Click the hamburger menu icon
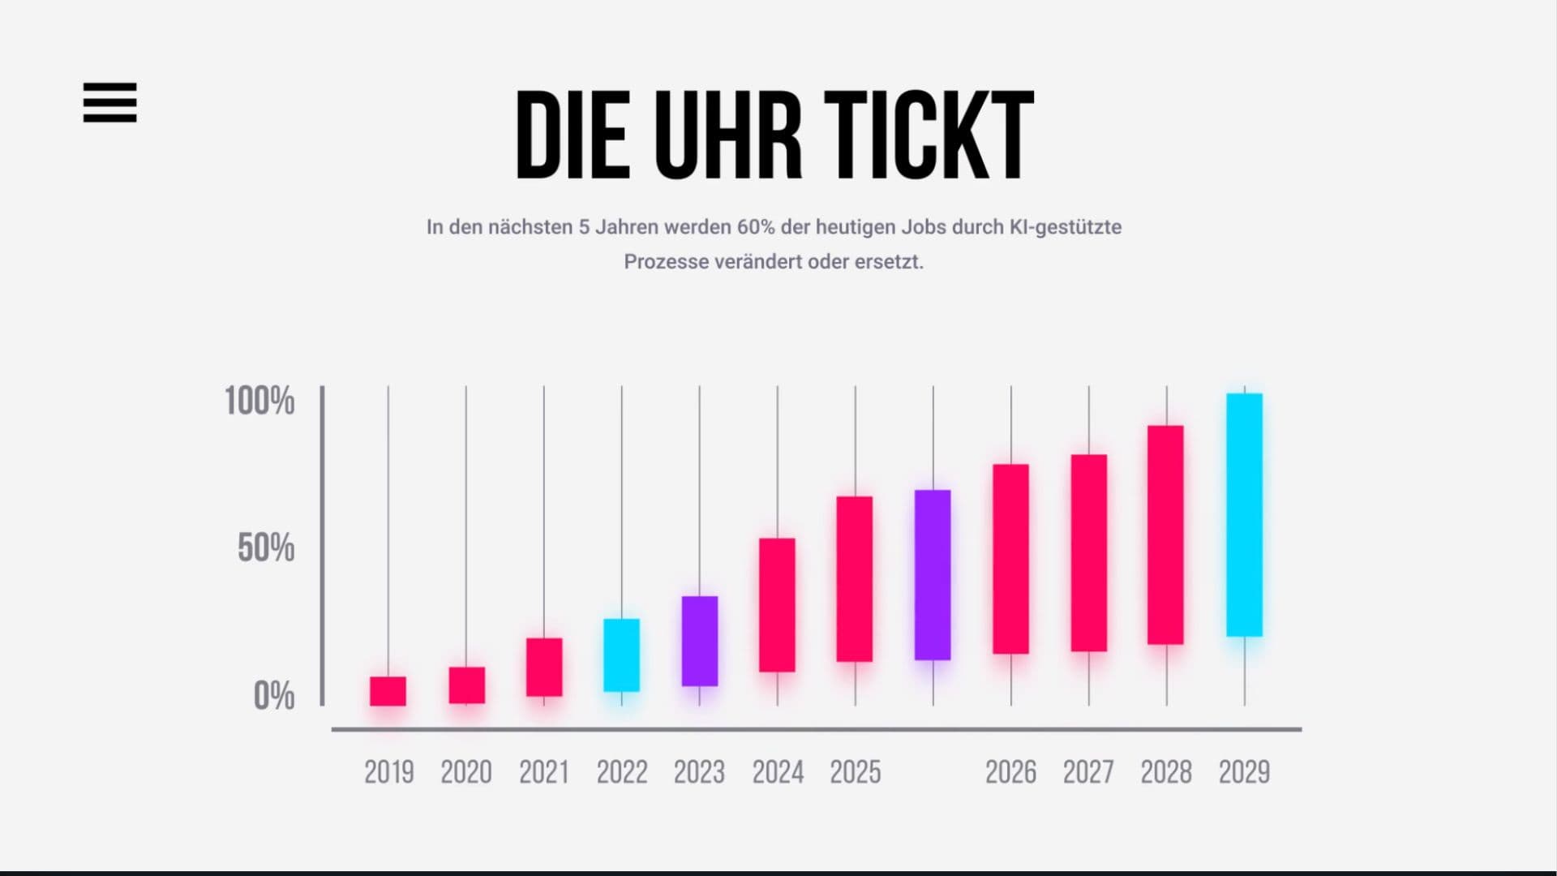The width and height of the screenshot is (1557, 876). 109,102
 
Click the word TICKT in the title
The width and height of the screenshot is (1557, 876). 929,135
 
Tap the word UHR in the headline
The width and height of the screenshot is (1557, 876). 727,135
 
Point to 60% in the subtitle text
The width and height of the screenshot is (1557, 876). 755,227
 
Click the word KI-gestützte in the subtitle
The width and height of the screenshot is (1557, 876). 1065,227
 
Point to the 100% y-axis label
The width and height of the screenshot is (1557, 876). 259,401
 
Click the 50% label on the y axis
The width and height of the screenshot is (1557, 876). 266,548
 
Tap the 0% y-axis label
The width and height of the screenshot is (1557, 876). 274,696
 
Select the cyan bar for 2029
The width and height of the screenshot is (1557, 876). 1244,515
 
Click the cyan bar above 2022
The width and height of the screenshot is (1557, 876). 621,655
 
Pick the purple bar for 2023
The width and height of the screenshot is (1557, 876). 699,641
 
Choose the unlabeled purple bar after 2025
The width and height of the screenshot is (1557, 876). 933,574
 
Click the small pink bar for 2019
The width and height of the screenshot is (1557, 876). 388,691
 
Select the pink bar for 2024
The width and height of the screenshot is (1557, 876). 777,604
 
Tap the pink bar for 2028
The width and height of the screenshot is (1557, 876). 1165,535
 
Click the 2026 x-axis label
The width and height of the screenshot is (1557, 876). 1010,772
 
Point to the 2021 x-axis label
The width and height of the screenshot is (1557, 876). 543,772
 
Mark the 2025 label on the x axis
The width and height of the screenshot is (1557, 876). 855,772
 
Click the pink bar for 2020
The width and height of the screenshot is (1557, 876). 466,685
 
